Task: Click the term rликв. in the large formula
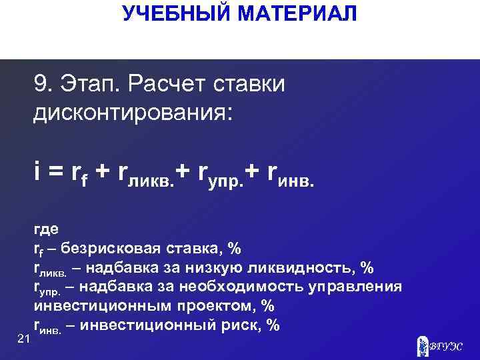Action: click(146, 175)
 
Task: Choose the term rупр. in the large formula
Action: click(221, 175)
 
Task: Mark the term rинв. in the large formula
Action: click(289, 175)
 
